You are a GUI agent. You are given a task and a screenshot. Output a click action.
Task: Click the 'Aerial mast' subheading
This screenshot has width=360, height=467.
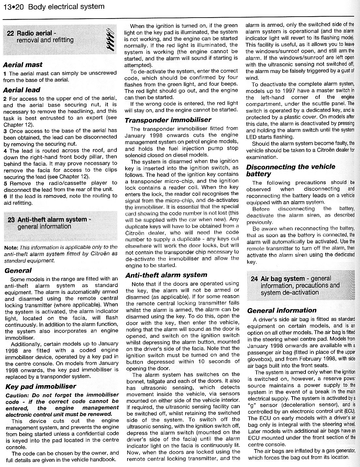click(23, 65)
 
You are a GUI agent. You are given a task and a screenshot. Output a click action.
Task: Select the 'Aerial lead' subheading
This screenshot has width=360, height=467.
click(22, 90)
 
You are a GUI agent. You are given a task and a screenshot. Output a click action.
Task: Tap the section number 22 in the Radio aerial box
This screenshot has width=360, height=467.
click(10, 33)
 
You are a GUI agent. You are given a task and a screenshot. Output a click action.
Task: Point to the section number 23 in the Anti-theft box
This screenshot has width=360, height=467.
click(11, 219)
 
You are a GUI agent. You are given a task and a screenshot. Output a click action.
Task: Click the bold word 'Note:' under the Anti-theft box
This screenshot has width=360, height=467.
click(11, 248)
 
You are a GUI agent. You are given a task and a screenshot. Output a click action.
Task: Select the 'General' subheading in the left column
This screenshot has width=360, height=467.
click(18, 270)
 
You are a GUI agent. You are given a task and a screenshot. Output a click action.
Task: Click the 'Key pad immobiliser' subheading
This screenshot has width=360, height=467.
click(40, 386)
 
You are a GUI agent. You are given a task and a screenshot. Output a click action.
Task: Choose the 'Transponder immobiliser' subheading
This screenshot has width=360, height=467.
click(168, 120)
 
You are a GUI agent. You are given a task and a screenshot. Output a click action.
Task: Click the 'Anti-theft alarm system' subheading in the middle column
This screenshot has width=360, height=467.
click(166, 275)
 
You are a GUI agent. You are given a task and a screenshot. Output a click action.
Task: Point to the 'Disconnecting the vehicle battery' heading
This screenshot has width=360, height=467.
click(291, 170)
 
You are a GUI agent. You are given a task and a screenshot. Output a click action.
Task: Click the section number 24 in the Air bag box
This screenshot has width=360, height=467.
click(254, 279)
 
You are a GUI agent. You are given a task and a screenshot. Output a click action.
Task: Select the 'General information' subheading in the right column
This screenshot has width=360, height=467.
click(282, 310)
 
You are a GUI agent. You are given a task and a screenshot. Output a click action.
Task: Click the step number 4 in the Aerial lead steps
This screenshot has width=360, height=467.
click(5, 150)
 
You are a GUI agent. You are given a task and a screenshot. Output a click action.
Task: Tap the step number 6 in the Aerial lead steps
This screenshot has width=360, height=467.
click(5, 196)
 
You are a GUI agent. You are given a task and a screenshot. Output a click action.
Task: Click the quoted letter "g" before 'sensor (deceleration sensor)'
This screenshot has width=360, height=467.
click(251, 405)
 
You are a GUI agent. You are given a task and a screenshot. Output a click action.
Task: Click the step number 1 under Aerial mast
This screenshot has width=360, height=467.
click(5, 73)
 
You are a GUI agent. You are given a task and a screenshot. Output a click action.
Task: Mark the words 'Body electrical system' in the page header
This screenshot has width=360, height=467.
click(66, 7)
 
